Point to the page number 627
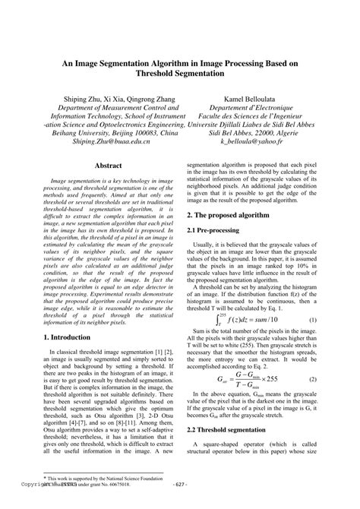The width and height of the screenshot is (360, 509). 181,504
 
